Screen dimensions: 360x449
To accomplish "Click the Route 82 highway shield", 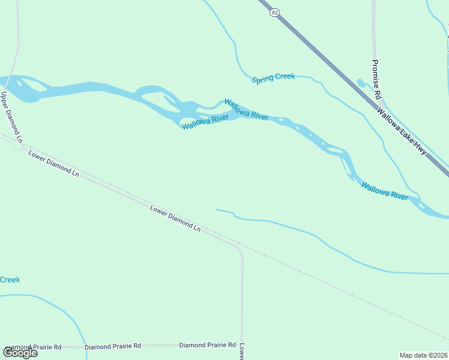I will (274, 13).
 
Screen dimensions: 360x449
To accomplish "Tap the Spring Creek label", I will (274, 78).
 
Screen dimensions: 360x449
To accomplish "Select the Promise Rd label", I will (376, 79).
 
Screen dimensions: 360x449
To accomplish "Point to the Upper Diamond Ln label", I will (11, 117).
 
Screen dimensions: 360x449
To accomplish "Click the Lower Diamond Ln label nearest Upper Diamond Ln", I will (53, 163).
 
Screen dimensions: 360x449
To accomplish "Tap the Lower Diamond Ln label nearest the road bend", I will (175, 218).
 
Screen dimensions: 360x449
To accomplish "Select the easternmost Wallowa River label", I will (385, 191).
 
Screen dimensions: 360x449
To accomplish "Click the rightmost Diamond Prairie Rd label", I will (207, 345).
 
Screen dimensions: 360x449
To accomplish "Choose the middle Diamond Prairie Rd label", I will (113, 346).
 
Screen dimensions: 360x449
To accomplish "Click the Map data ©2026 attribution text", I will (423, 355).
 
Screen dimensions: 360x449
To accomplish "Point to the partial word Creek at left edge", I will (10, 280).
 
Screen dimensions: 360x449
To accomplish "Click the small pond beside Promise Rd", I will (361, 83).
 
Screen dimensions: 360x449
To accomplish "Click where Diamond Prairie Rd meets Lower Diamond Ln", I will (242, 346).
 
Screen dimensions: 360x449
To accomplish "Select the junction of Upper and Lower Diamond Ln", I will (22, 145).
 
